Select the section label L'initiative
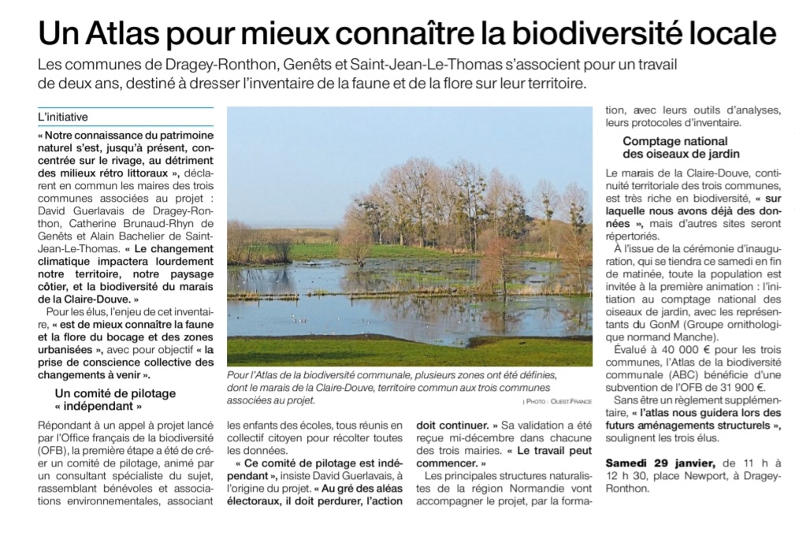click(63, 117)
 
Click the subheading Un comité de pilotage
click(115, 392)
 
